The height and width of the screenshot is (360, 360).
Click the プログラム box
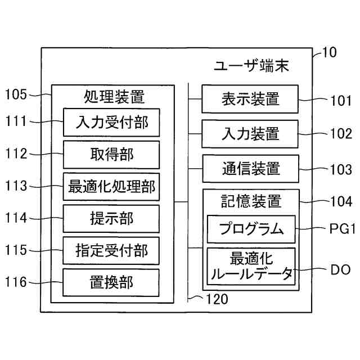click(x=251, y=229)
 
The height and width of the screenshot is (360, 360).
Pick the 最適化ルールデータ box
click(x=251, y=266)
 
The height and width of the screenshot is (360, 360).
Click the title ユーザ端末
click(x=251, y=66)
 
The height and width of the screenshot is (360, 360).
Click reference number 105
click(x=16, y=94)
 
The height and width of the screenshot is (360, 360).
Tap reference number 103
click(x=341, y=169)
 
